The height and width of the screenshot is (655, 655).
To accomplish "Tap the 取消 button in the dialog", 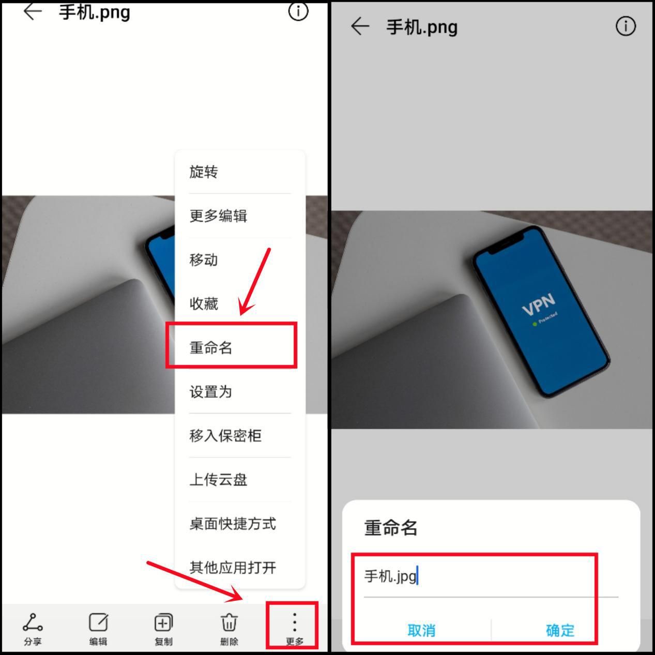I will click(421, 630).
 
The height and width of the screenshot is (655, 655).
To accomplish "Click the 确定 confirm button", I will click(560, 630).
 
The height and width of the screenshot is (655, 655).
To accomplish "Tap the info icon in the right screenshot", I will click(626, 26).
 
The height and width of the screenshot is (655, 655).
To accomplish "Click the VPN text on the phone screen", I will click(538, 303).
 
